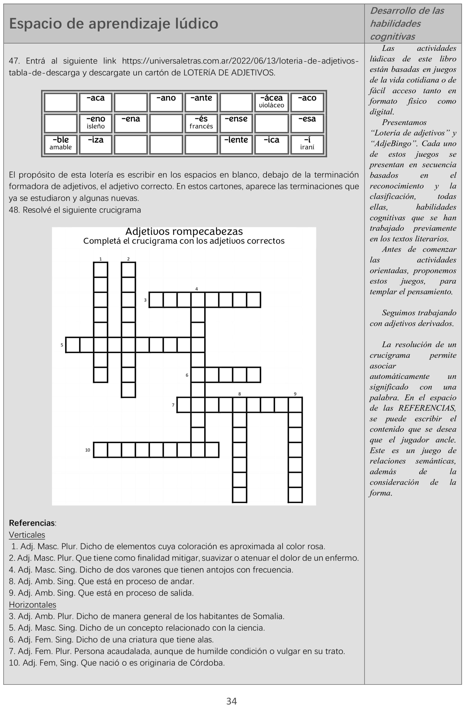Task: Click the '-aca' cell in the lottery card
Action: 96,101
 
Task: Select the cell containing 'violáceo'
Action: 271,101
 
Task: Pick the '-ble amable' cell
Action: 61,144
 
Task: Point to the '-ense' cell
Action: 236,122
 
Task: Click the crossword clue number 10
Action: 88,450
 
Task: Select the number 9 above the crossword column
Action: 295,394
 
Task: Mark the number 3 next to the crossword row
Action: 145,300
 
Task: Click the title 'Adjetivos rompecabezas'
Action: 184,231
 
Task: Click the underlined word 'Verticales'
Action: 27,534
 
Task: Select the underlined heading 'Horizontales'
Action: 32,604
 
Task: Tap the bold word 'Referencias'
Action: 32,523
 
